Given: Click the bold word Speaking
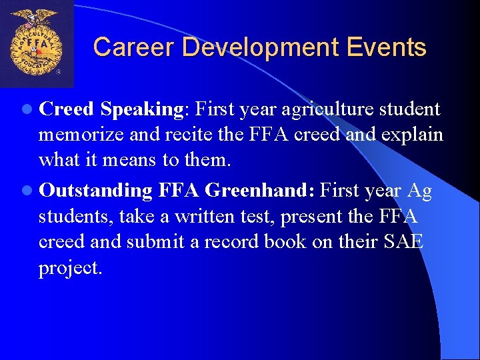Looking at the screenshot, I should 143,109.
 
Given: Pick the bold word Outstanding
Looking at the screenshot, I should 95,191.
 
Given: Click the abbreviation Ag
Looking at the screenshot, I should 419,191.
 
